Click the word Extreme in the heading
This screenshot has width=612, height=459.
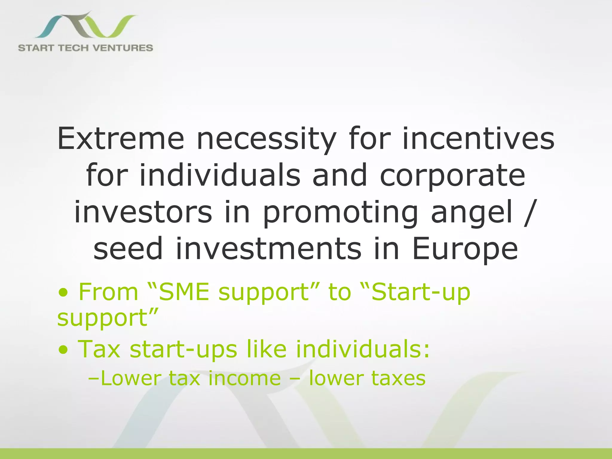121,138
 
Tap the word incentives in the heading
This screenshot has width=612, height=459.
478,138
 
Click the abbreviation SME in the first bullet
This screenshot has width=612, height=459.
184,292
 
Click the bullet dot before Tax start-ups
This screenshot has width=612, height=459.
63,349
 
